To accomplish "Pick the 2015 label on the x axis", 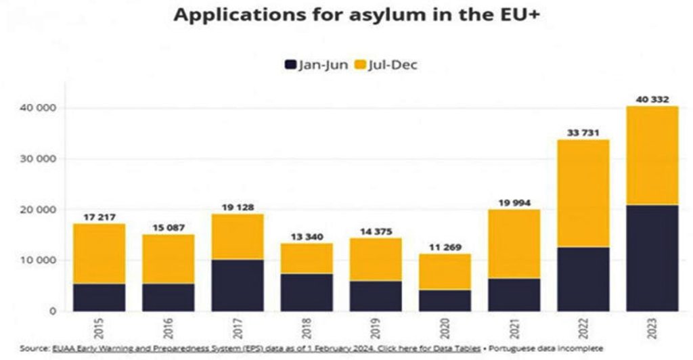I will tap(98, 329).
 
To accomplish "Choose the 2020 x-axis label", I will tap(445, 329).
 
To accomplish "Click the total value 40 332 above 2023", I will tap(652, 99).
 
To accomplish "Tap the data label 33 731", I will tap(583, 133).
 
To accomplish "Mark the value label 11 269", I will tap(445, 247).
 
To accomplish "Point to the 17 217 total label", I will tap(98, 217).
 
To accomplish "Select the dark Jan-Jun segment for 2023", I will tap(652, 258).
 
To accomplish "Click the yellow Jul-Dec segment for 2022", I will tap(583, 193).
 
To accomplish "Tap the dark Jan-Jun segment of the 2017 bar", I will tap(237, 285).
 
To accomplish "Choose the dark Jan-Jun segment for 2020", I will tap(445, 300).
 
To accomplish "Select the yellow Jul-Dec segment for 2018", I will tap(306, 258).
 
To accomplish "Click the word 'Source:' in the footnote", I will tap(35, 348).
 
